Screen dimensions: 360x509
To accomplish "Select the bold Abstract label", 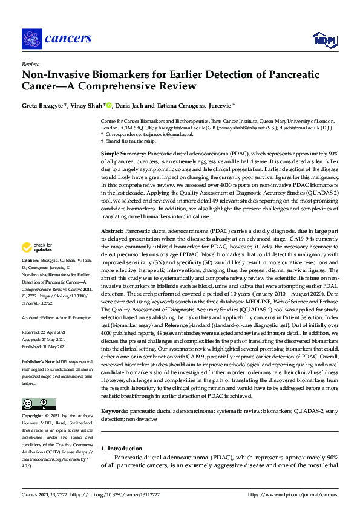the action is coord(112,232).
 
